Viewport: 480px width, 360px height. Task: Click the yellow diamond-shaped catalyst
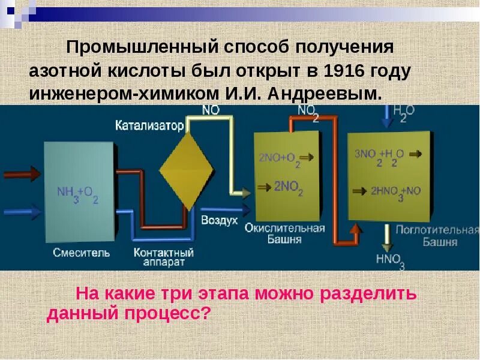point(187,170)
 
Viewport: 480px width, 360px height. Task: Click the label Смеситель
point(81,253)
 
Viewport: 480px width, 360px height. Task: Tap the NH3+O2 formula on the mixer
point(77,194)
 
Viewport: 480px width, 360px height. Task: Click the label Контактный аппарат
point(164,257)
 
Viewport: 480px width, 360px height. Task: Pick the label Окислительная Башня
point(285,233)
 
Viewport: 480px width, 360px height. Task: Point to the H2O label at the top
point(404,112)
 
